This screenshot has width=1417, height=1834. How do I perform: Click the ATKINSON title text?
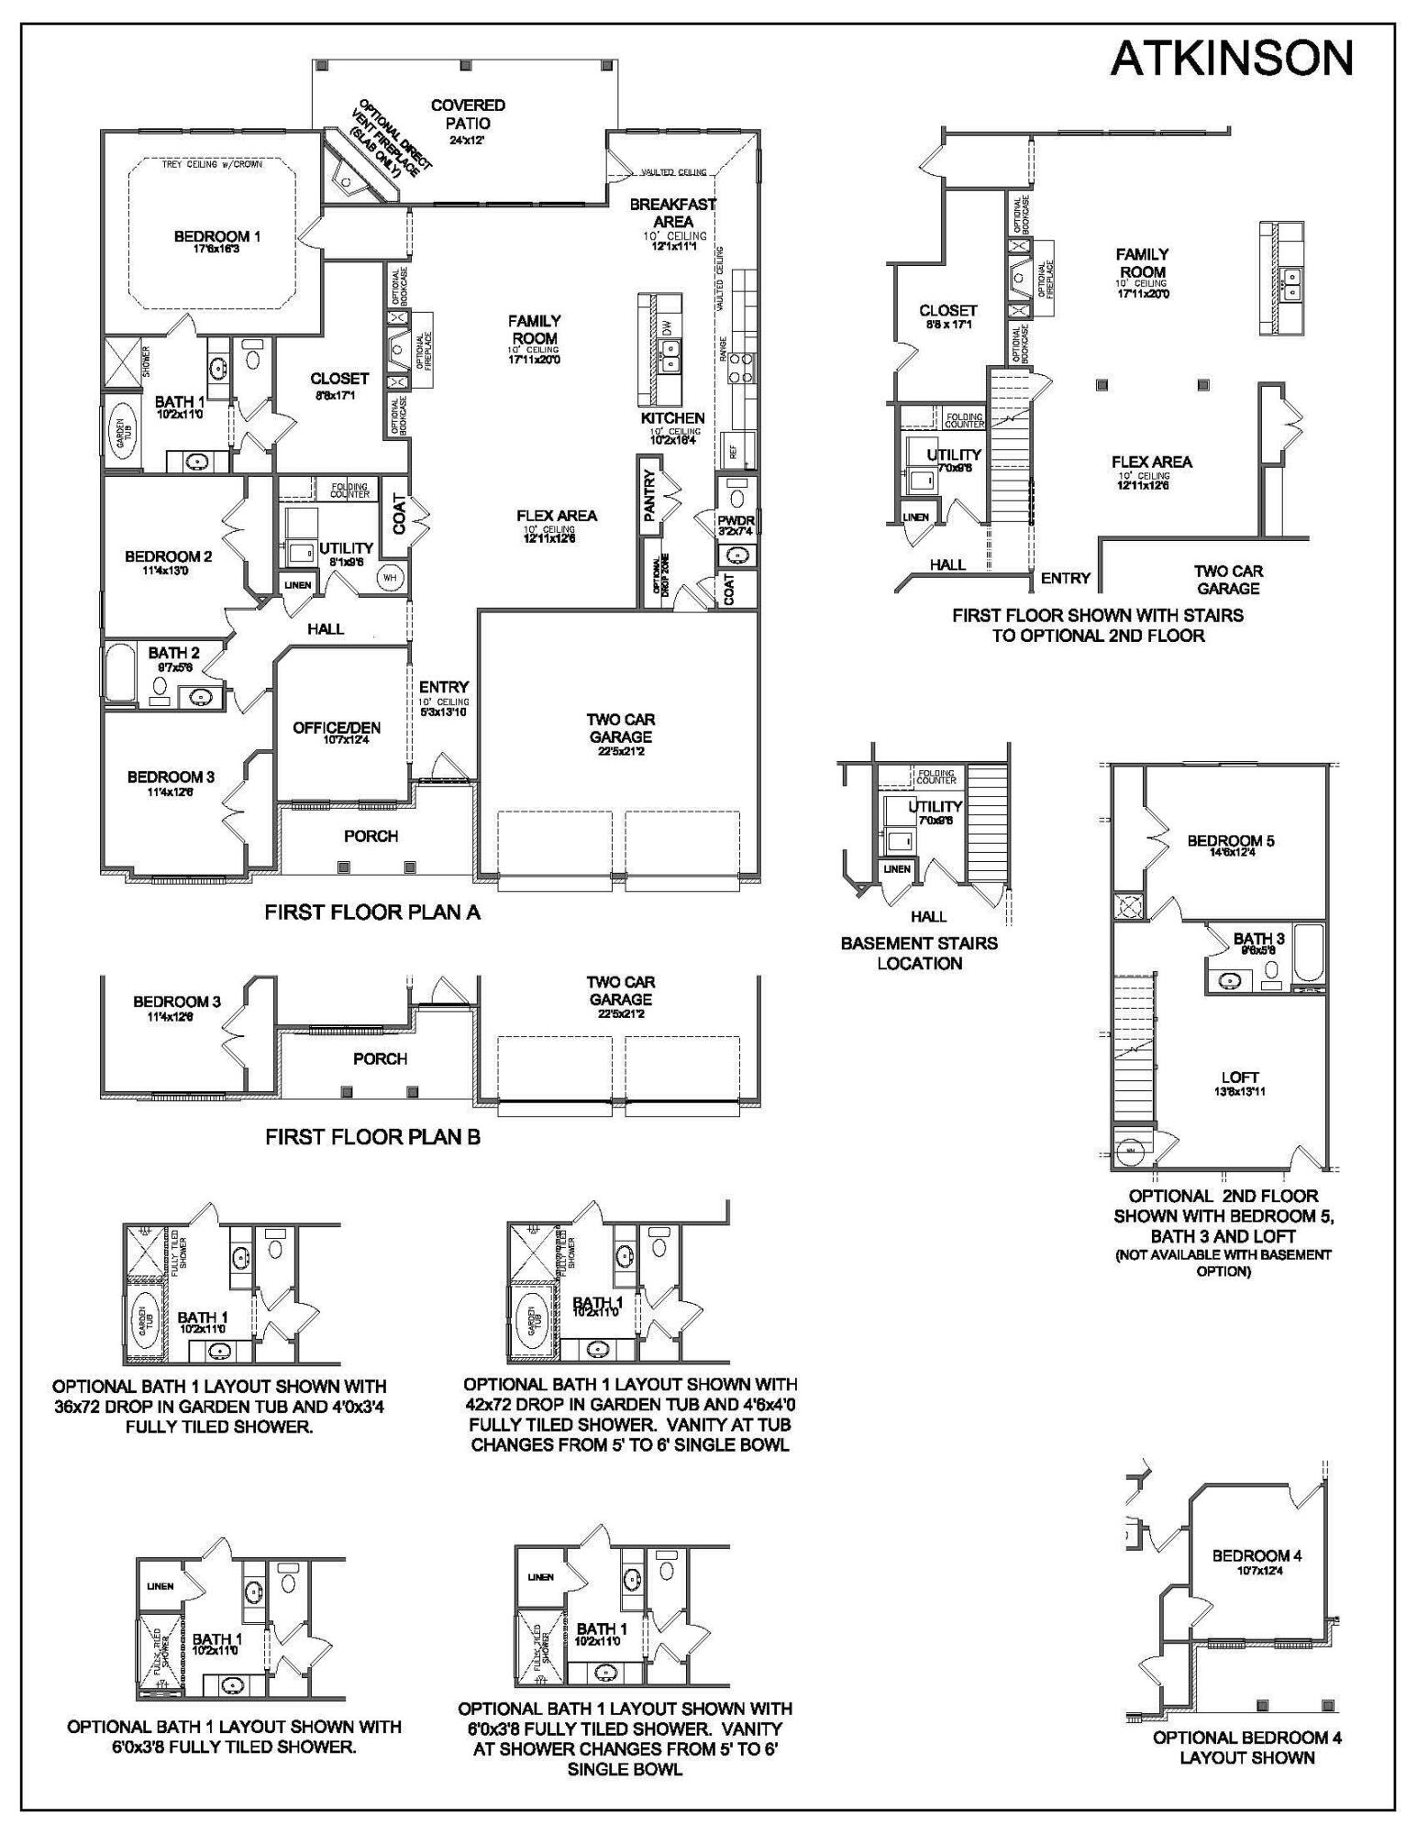tap(1231, 59)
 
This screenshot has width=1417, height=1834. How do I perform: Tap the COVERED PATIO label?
tap(468, 115)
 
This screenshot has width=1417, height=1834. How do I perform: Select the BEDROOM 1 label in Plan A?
tap(217, 238)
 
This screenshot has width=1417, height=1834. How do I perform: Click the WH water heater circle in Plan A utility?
tap(389, 578)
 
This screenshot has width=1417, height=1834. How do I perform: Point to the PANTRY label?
tap(650, 496)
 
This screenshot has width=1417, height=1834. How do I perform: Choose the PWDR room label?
tap(736, 521)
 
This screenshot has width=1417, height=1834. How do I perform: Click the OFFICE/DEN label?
tap(337, 728)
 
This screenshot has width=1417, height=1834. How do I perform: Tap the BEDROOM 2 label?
tap(169, 557)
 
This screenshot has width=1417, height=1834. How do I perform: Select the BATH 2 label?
tap(173, 654)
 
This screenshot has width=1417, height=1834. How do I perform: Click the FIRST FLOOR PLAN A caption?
tap(372, 912)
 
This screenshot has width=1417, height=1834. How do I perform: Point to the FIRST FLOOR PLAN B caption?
tap(372, 1137)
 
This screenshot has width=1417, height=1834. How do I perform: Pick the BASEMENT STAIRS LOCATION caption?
tap(919, 953)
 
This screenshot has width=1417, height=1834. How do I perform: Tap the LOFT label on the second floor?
tap(1239, 1077)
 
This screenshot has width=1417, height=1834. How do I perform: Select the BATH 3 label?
tap(1258, 939)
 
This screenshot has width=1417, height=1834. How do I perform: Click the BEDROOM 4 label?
tap(1256, 1555)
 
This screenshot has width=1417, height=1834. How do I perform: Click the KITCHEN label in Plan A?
tap(672, 418)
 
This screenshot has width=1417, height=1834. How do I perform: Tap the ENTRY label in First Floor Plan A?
tap(444, 687)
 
